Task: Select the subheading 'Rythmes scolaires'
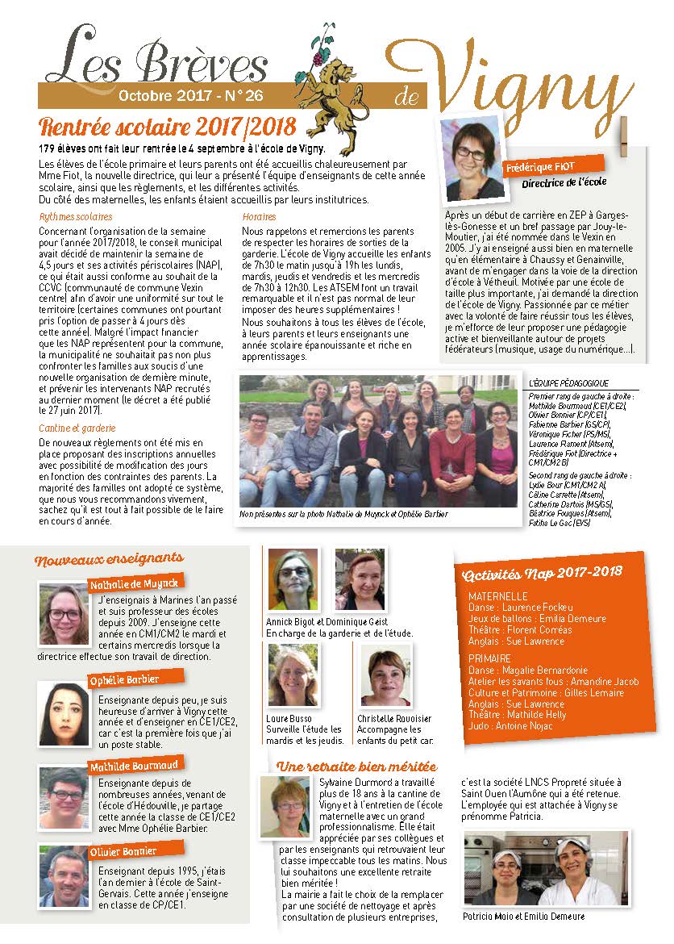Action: pos(76,217)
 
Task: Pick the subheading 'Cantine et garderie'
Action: pos(77,428)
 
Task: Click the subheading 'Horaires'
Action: pos(259,217)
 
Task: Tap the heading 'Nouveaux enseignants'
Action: pos(109,558)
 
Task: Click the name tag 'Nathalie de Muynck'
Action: pos(133,583)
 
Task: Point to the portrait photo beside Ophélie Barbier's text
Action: pos(63,712)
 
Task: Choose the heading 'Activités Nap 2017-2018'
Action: pos(543,573)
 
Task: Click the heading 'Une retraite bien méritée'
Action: pos(356,766)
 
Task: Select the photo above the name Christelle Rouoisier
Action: pos(385,679)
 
